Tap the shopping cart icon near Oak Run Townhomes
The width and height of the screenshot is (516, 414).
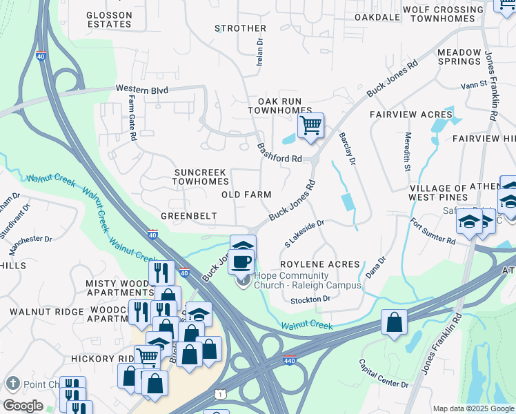click(x=310, y=126)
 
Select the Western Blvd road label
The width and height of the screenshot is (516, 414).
click(x=142, y=89)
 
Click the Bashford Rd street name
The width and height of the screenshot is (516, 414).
click(x=279, y=152)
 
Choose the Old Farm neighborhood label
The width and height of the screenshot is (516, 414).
click(x=246, y=195)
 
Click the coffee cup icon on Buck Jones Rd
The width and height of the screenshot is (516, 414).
click(x=241, y=262)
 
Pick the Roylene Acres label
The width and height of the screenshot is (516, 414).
click(x=319, y=264)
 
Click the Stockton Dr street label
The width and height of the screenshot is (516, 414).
click(x=310, y=299)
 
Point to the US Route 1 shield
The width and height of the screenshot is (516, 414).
click(x=218, y=393)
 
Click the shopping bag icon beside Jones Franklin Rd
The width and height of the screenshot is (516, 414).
click(x=393, y=322)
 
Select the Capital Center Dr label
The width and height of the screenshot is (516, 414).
click(x=384, y=373)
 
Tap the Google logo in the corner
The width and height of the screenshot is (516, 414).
click(x=23, y=405)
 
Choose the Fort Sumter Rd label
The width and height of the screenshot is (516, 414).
click(x=433, y=232)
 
